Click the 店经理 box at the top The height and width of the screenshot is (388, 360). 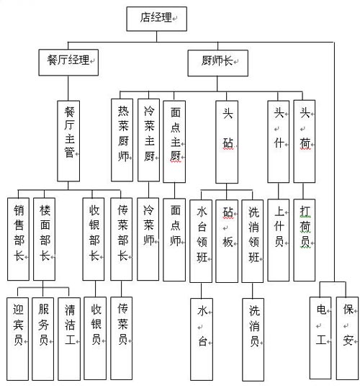(x=156, y=19)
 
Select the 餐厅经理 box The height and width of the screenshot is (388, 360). (x=68, y=63)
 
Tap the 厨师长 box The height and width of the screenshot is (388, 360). (x=217, y=63)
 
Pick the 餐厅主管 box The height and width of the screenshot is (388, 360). (x=68, y=141)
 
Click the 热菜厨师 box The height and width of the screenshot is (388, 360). (x=122, y=140)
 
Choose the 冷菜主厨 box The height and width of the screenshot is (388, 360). (x=148, y=140)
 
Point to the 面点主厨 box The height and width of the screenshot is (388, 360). (x=174, y=142)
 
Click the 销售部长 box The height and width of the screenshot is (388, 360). (x=18, y=239)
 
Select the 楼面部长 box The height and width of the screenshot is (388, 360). (x=45, y=239)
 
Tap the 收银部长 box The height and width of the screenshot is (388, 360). (x=94, y=239)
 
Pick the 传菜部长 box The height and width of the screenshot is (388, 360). (x=121, y=239)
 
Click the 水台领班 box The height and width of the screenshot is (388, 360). (x=201, y=241)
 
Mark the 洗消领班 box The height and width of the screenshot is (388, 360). (x=253, y=241)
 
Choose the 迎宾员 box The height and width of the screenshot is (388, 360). (x=17, y=339)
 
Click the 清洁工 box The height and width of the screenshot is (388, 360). (x=69, y=339)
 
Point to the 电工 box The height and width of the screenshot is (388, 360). (x=320, y=338)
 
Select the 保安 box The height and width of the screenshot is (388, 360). (x=347, y=338)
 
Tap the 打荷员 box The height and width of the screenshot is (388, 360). (x=305, y=240)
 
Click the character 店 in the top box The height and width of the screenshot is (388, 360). (x=145, y=17)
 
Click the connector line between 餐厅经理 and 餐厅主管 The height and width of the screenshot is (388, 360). (x=68, y=88)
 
